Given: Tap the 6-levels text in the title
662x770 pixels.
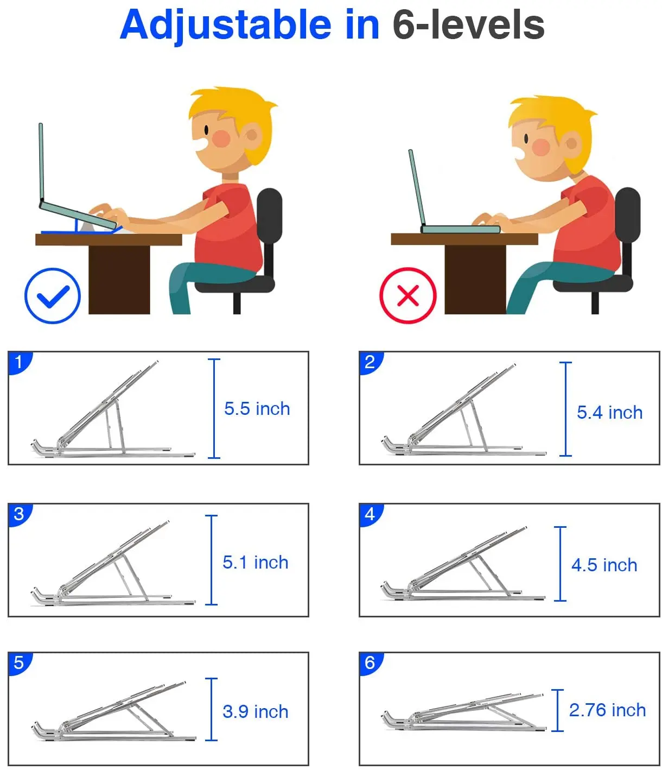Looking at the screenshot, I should click(x=468, y=25).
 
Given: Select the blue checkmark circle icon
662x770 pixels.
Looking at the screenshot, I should click(x=53, y=296).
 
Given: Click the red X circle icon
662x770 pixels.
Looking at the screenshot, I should click(x=408, y=296).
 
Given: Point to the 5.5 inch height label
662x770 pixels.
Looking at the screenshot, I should click(x=257, y=408).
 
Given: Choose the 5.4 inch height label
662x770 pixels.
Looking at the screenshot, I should click(x=609, y=412).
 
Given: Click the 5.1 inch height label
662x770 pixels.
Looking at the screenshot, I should click(x=255, y=562).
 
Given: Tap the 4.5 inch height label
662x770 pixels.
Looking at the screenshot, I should click(x=604, y=565).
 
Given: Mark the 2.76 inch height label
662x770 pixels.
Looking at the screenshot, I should click(x=607, y=710).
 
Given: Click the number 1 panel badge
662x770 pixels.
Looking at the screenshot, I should click(x=19, y=362).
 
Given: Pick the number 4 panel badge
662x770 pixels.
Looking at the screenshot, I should click(x=370, y=514).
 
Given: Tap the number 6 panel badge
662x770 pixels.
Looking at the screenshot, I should click(x=370, y=662).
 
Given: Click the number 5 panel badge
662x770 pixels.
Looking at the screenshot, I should click(x=19, y=662).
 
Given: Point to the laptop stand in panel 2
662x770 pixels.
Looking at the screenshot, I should click(x=461, y=415).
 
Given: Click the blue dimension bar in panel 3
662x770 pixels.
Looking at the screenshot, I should click(x=212, y=560).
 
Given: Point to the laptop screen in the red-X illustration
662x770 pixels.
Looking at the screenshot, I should click(x=417, y=187).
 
